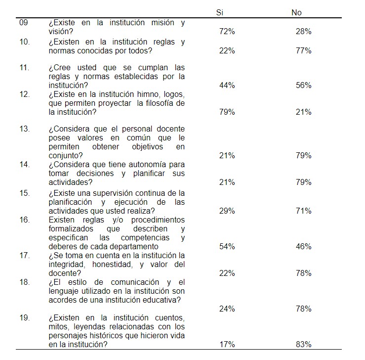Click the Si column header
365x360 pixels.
220,12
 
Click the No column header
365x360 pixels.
296,12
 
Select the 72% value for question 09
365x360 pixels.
227,31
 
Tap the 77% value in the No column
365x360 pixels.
303,50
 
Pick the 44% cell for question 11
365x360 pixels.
227,85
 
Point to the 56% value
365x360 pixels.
303,85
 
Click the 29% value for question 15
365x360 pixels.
227,211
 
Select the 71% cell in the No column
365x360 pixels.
303,211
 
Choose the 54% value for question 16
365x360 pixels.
227,246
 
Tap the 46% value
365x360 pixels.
303,246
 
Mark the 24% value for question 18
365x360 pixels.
227,309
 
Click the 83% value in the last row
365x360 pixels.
303,344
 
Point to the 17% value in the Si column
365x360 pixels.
227,344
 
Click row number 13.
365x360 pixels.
24,129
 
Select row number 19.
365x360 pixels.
24,317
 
